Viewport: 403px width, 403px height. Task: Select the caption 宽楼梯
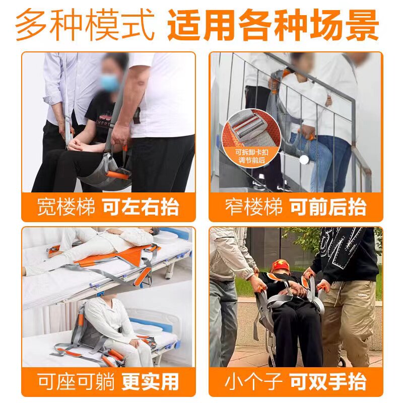pos(66,207)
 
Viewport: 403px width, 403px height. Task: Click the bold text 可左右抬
pos(141,207)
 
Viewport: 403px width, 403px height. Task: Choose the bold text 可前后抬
pos(328,207)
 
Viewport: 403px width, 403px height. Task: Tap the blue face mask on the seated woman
pos(109,82)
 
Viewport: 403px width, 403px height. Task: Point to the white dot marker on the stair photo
pos(303,160)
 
